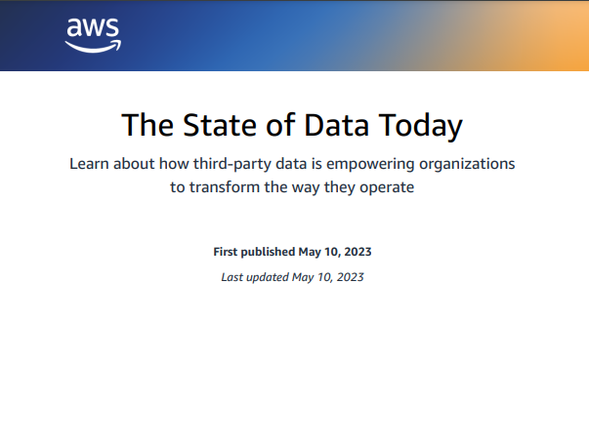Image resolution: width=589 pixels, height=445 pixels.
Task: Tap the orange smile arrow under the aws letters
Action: (x=95, y=45)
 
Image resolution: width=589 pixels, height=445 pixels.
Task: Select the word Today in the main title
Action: (x=420, y=125)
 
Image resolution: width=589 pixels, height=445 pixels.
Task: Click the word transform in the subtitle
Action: (x=229, y=187)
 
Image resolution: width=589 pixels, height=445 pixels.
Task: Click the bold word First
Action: (x=228, y=252)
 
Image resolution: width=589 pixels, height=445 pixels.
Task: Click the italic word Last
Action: (x=232, y=277)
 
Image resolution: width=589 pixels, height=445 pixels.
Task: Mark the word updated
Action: (x=268, y=277)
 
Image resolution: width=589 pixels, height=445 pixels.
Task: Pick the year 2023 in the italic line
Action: (x=349, y=277)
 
